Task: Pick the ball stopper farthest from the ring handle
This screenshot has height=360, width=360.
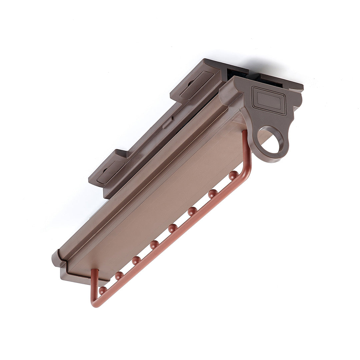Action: [103, 290]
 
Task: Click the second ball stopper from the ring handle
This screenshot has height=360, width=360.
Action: [213, 193]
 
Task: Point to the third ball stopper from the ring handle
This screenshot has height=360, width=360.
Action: [192, 211]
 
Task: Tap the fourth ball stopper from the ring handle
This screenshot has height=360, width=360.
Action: [173, 228]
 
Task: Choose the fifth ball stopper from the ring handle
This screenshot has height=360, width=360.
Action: [154, 245]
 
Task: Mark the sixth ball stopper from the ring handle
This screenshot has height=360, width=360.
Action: [136, 260]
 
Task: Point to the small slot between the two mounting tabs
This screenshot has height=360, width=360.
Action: [167, 123]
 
